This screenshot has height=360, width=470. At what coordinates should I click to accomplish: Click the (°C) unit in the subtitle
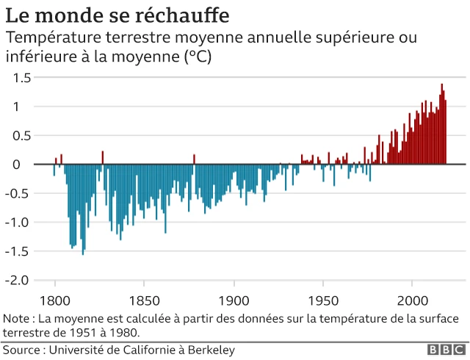point(195,57)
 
